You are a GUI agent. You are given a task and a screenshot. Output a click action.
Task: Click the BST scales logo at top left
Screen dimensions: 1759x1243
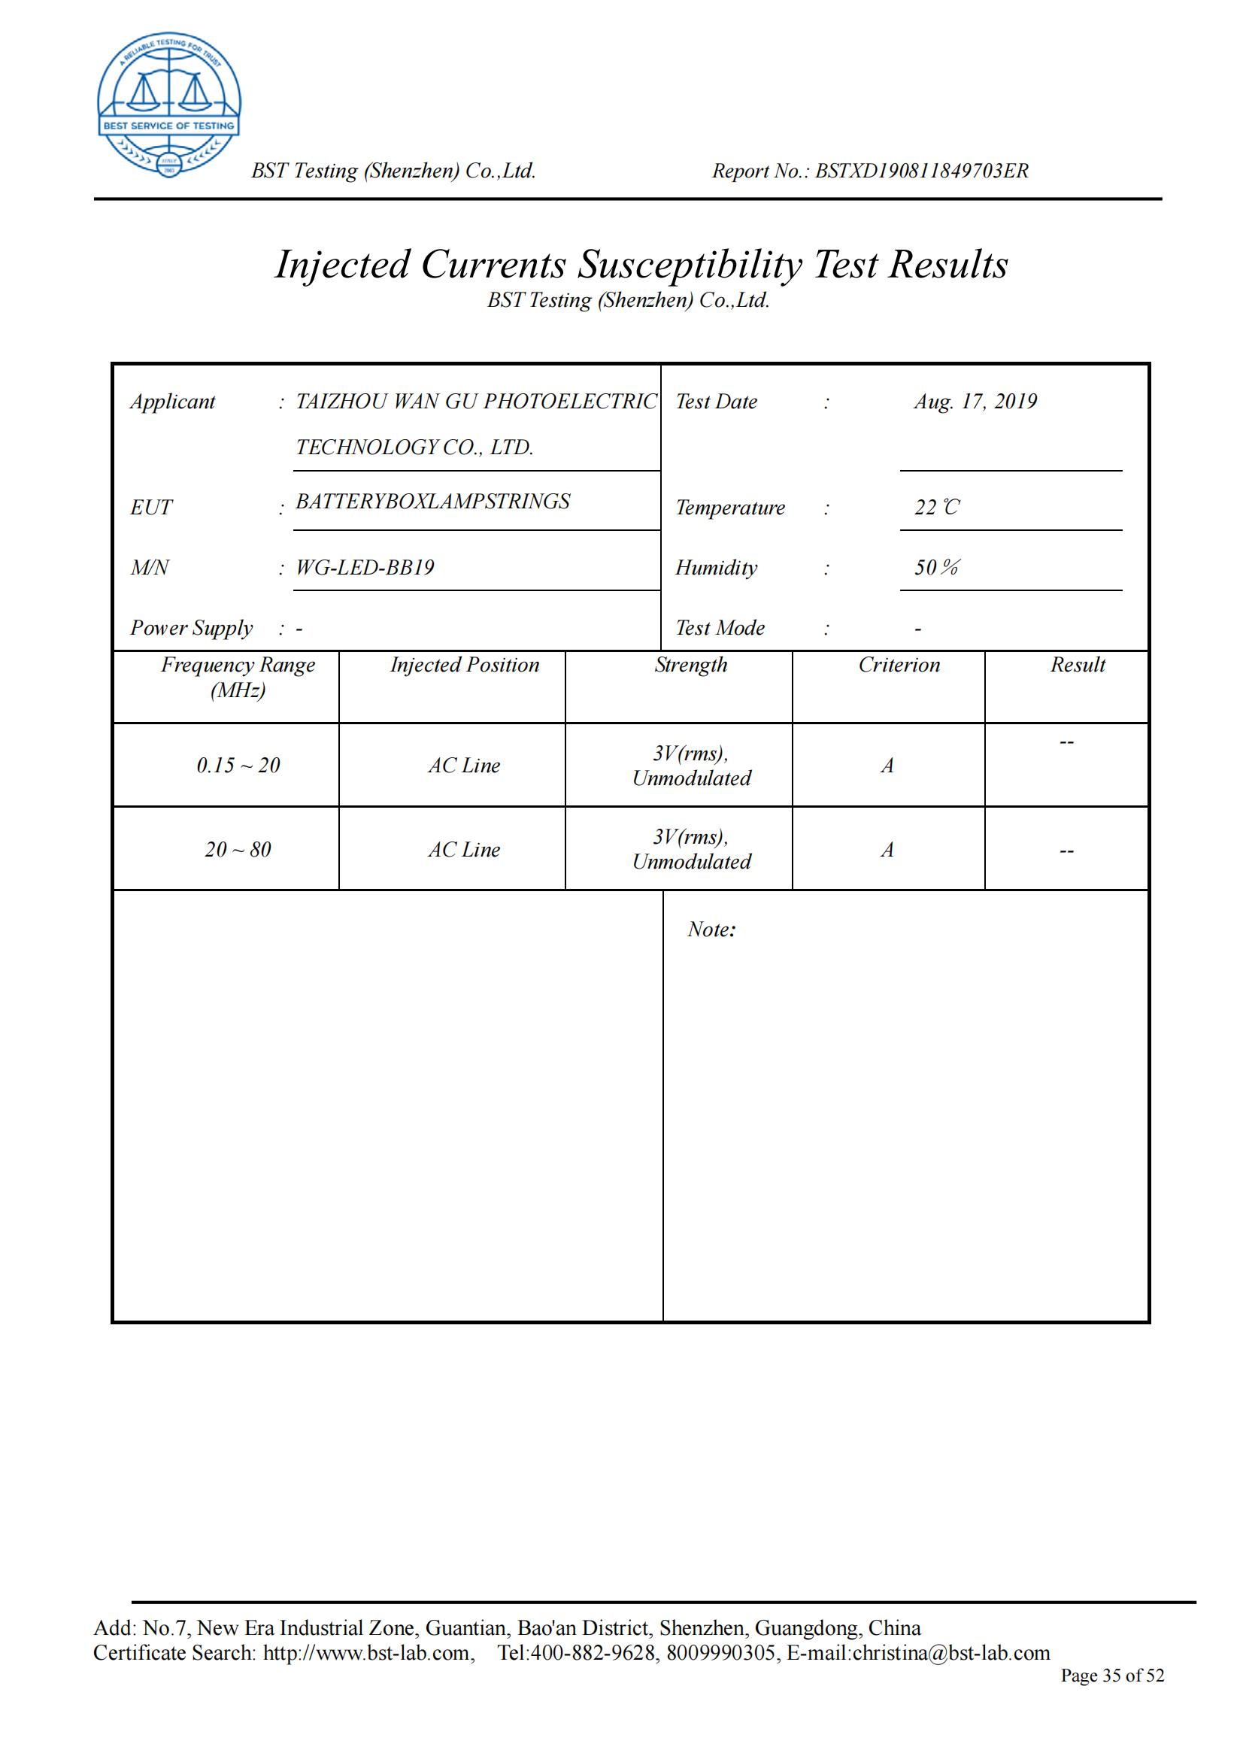(168, 105)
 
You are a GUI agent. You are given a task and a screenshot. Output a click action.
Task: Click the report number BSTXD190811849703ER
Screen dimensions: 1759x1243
(921, 171)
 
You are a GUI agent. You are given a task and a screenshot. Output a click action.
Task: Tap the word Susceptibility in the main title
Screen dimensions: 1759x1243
(690, 265)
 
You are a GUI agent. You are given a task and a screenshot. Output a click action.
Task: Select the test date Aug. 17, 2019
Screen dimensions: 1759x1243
(975, 402)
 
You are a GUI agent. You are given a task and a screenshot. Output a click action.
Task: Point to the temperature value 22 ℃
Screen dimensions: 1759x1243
(936, 507)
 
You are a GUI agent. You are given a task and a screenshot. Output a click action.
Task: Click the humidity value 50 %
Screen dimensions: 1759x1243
(936, 568)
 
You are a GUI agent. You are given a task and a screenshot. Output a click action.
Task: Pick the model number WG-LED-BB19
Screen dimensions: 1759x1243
(365, 568)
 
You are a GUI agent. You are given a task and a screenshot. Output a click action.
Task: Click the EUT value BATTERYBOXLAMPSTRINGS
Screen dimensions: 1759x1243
(432, 502)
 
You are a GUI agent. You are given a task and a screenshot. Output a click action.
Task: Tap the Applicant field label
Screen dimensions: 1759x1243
(172, 402)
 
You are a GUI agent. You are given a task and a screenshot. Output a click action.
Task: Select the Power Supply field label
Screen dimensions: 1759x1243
(191, 628)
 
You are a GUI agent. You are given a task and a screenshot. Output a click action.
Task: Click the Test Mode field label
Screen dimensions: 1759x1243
(720, 628)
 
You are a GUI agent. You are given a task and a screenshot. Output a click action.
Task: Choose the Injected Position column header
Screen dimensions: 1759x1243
(465, 665)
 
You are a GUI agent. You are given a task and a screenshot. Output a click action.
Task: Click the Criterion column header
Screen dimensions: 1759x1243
(899, 665)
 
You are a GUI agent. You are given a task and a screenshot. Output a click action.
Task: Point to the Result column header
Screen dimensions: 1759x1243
(1078, 665)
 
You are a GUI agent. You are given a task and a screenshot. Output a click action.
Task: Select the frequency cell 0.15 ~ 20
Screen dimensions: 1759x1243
(238, 766)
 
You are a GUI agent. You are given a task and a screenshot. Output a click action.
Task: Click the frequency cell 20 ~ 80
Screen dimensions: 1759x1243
(238, 850)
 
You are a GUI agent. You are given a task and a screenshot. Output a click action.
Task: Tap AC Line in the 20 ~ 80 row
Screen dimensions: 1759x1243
(464, 850)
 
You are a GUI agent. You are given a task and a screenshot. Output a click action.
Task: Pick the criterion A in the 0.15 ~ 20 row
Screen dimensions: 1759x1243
(887, 766)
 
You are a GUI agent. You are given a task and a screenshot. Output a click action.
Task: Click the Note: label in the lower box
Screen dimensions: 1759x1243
(711, 930)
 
